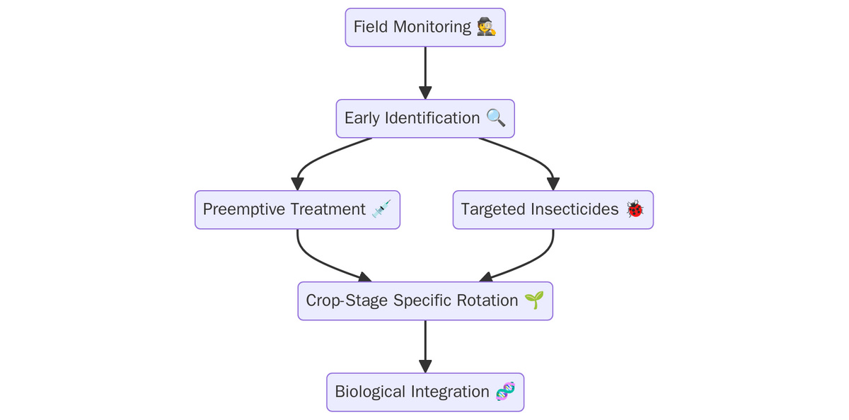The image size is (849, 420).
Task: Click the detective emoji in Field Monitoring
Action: click(x=487, y=27)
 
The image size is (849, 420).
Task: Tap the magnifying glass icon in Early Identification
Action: click(x=496, y=118)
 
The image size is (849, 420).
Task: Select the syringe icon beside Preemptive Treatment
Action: click(x=381, y=209)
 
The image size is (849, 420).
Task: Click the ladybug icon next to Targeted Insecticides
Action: click(x=635, y=209)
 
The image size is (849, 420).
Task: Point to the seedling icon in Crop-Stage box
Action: click(x=534, y=300)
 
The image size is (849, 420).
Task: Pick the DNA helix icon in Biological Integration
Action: click(x=506, y=391)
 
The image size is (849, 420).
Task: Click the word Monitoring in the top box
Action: click(x=432, y=28)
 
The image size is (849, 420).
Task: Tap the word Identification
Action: click(x=432, y=118)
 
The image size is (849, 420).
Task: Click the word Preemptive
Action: click(x=243, y=209)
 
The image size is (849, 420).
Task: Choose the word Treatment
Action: click(x=328, y=209)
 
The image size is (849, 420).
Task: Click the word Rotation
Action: click(x=487, y=301)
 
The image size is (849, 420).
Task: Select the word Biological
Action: click(x=370, y=392)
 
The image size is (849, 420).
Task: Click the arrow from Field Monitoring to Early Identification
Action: click(x=425, y=73)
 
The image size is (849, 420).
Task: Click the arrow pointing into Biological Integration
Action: click(x=425, y=346)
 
